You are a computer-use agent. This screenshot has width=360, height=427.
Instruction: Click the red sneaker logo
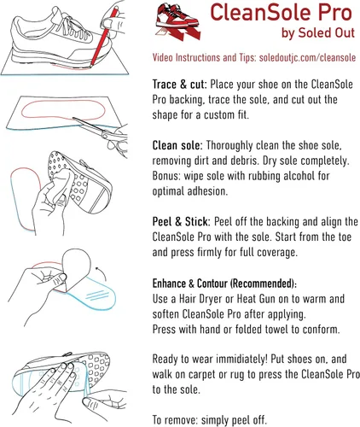pos(178,22)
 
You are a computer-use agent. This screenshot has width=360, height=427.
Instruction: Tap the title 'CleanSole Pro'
pos(282,12)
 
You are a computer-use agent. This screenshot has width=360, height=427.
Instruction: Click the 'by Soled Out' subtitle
pos(318,33)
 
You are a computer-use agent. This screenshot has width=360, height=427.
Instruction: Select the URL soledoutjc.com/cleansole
pos(307,57)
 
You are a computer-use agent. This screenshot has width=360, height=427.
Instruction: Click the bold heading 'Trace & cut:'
pos(180,85)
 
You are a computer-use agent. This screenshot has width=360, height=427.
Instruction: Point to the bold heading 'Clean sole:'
pos(177,145)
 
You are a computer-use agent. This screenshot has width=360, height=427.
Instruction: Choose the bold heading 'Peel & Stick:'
pos(182,222)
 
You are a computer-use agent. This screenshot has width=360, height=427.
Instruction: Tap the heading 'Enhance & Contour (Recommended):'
pos(224,284)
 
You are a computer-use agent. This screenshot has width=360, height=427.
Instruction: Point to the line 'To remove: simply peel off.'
pos(210,420)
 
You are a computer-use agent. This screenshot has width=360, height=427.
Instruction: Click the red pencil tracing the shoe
pos(103,38)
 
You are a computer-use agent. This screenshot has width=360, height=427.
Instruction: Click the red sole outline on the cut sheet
pos(63,110)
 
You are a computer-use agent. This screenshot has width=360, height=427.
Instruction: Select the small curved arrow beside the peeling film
pos(102,274)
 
